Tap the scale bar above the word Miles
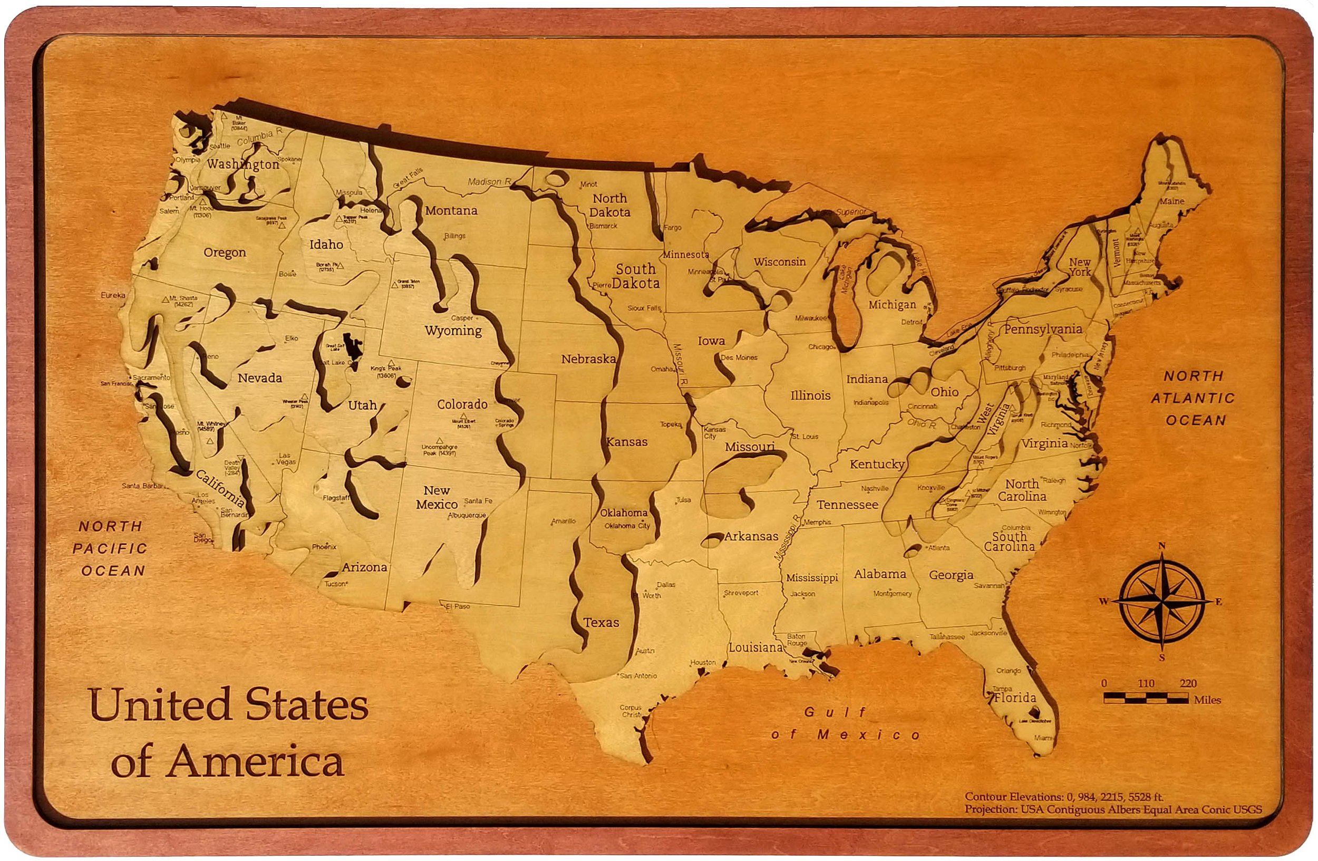(x=1146, y=698)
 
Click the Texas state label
(x=601, y=622)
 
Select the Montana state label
(x=451, y=210)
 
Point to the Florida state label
(x=1014, y=697)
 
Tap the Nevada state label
(x=260, y=378)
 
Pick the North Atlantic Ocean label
(x=1194, y=398)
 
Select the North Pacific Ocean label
(x=113, y=548)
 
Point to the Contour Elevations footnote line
(x=1064, y=797)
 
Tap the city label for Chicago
(x=821, y=347)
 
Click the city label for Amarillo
(x=563, y=521)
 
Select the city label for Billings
(x=454, y=236)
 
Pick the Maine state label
(x=1172, y=201)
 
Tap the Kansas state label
(x=626, y=442)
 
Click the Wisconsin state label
(x=779, y=262)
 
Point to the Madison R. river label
(x=488, y=181)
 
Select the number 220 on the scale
(x=1188, y=683)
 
